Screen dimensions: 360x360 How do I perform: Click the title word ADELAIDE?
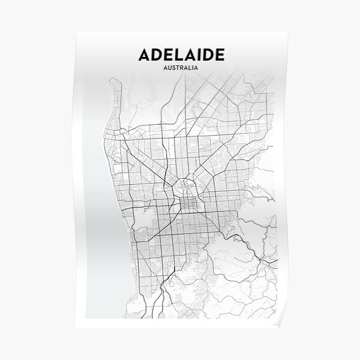pos(182,55)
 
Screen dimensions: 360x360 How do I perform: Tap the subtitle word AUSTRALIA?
pos(182,68)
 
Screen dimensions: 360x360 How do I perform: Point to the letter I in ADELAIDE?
pos(199,55)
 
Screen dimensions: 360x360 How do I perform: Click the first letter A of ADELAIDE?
pos(145,55)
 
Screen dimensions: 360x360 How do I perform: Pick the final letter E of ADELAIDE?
pos(220,55)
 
